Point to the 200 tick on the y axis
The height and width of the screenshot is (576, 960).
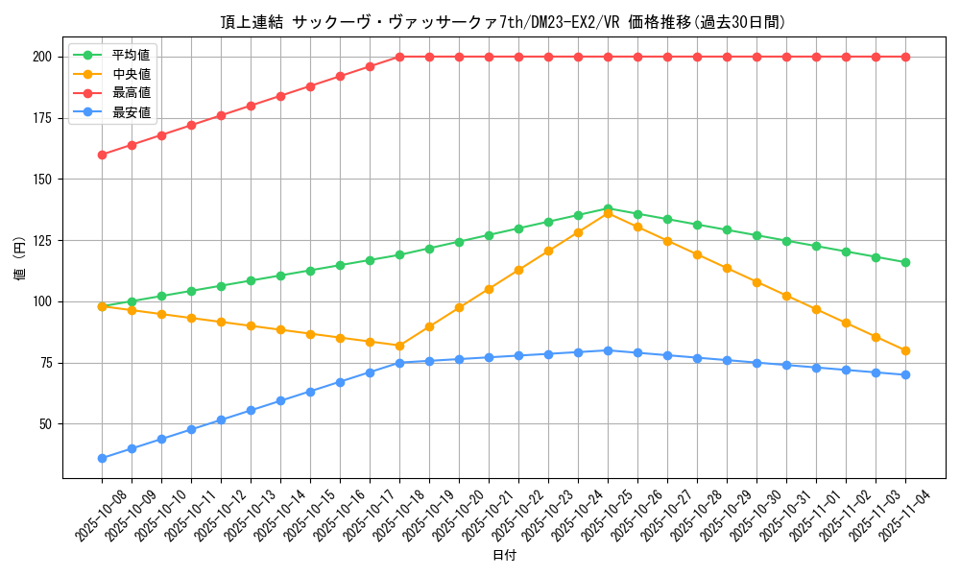41,57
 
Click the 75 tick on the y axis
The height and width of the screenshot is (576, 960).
45,363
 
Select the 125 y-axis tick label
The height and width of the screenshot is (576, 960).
41,240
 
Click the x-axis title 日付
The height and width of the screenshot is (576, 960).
504,556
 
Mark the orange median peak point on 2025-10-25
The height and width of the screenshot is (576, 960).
608,213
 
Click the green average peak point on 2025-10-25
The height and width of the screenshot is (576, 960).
608,208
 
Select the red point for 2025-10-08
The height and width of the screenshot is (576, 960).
102,155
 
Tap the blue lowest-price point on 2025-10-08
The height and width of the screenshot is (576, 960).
102,458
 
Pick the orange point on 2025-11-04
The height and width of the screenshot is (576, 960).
905,350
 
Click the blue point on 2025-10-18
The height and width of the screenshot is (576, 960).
399,363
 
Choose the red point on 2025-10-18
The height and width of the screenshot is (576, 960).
399,57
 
